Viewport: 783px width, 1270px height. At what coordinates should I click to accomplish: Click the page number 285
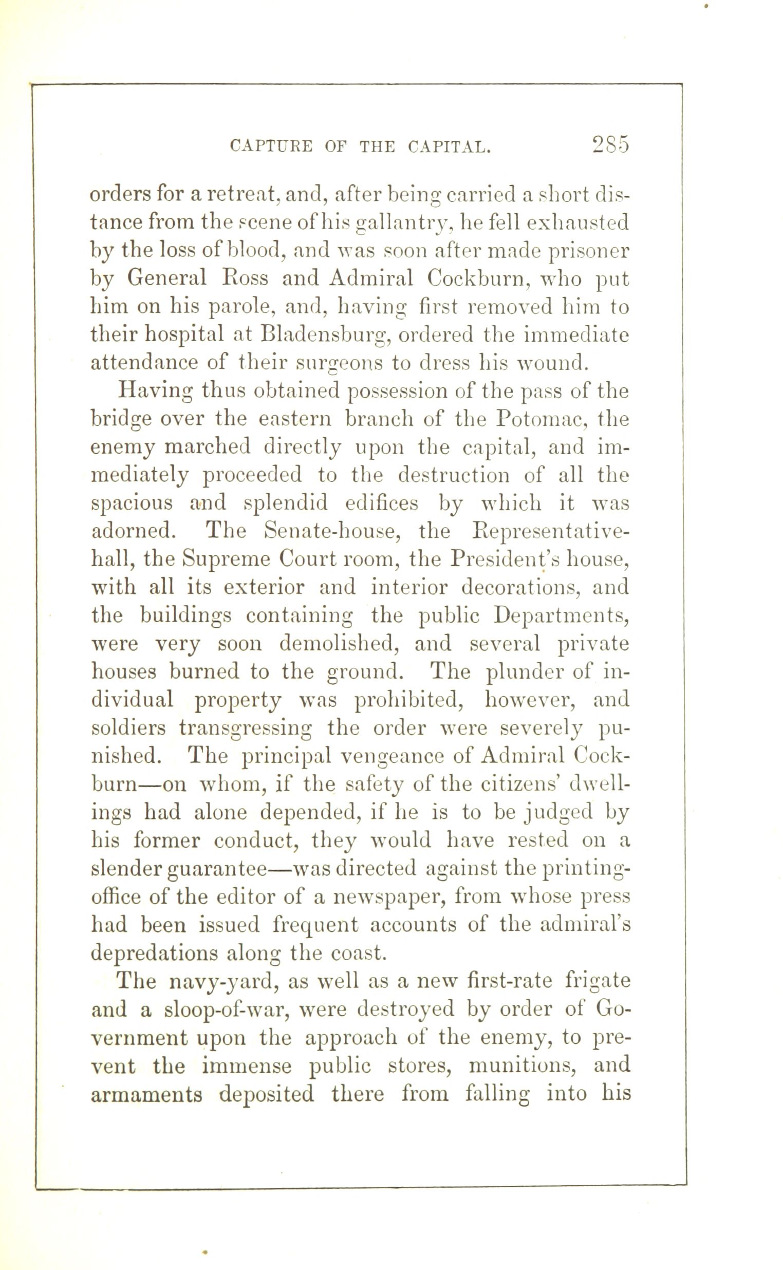610,144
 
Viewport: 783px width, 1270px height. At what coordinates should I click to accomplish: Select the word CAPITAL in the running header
449,147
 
